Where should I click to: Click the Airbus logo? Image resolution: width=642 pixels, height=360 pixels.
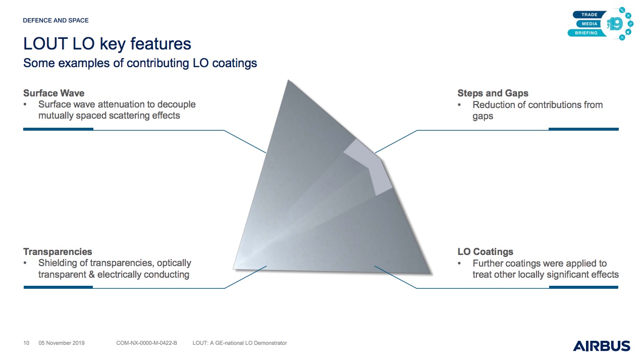click(601, 346)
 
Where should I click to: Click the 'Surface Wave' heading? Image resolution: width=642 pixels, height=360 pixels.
click(54, 93)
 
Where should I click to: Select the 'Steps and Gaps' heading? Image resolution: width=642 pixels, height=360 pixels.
click(493, 93)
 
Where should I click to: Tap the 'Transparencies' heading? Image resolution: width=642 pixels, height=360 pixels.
click(58, 251)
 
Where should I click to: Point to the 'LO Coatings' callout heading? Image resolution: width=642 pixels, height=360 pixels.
click(485, 251)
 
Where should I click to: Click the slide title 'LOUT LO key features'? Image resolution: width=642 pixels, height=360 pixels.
click(107, 44)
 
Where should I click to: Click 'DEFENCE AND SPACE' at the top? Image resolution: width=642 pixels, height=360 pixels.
click(56, 20)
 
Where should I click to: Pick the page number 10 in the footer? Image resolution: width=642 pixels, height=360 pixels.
click(26, 343)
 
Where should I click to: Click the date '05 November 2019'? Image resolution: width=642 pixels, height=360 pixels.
click(62, 343)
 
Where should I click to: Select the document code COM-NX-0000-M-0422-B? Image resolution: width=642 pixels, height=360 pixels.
click(146, 343)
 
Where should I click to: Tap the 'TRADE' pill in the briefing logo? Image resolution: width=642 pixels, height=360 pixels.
click(590, 15)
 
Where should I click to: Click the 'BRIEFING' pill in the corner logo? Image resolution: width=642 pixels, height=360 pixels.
click(586, 33)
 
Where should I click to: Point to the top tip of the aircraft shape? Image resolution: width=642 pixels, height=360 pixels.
click(288, 80)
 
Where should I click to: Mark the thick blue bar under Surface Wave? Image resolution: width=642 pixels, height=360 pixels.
click(58, 129)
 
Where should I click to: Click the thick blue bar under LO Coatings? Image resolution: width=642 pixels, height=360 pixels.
click(583, 287)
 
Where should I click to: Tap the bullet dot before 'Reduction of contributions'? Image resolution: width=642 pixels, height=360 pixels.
click(459, 105)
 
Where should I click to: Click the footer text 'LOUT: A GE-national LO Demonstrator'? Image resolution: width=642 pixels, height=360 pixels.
click(240, 343)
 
